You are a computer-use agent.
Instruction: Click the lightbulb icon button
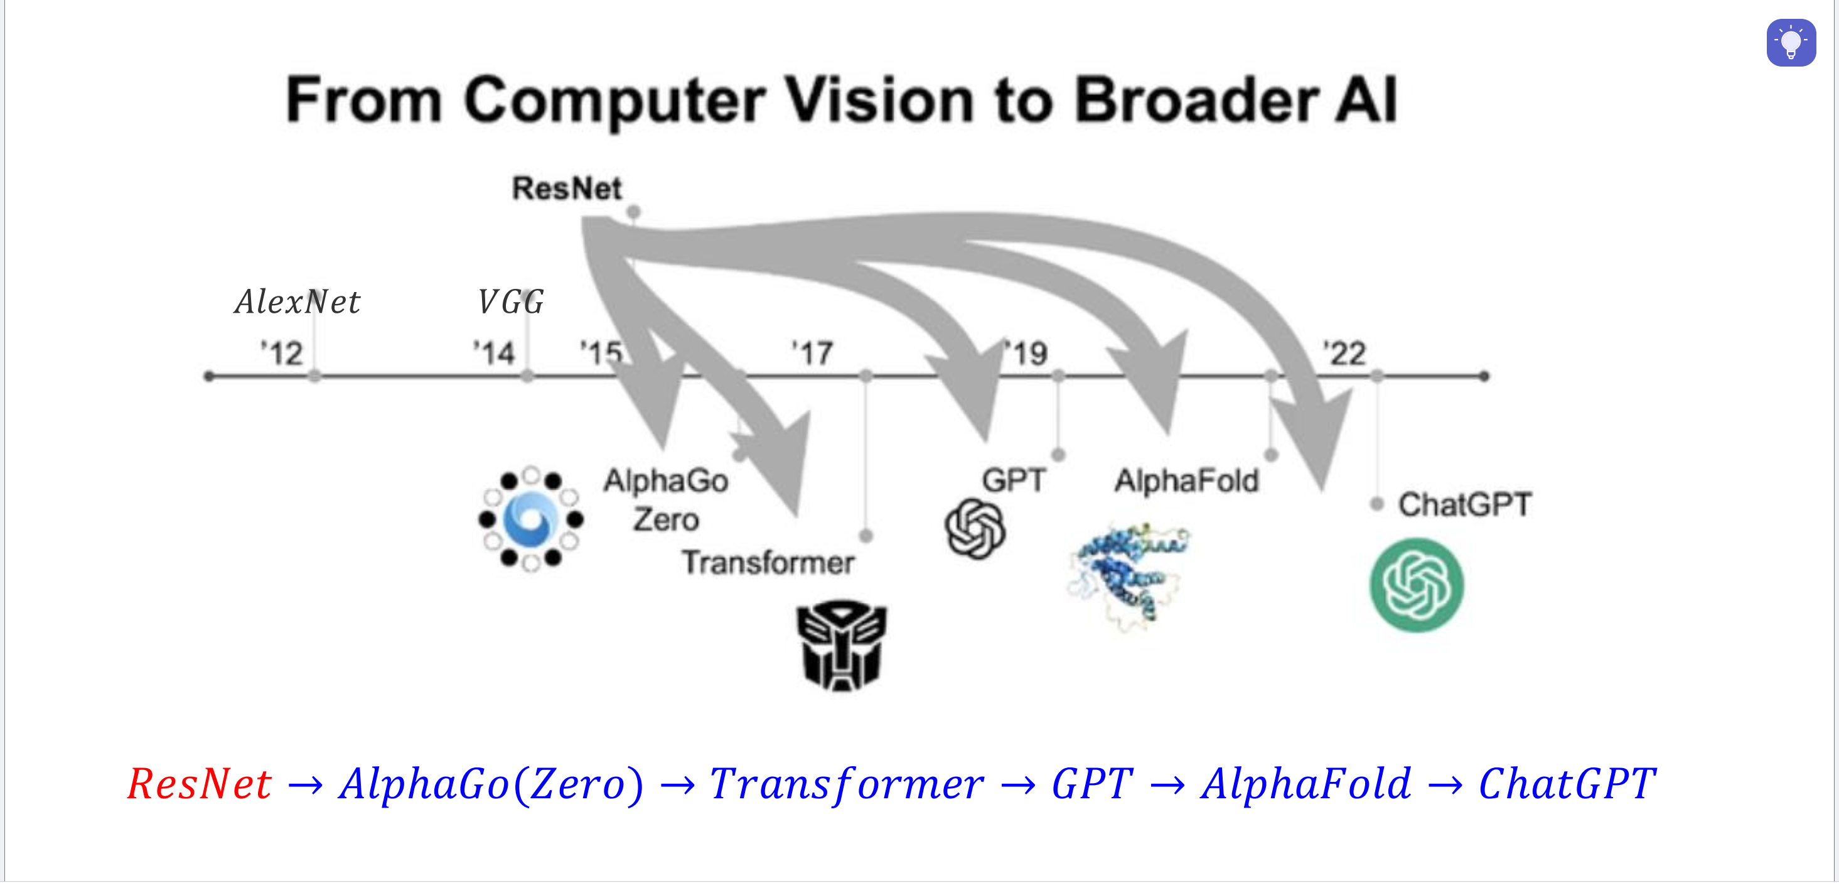coord(1791,43)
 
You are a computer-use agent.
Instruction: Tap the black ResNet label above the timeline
coord(567,188)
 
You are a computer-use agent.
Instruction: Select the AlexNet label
coord(297,301)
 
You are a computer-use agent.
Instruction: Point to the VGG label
coord(510,301)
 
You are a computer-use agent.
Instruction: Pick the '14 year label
coord(494,354)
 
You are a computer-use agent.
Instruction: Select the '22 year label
coord(1345,354)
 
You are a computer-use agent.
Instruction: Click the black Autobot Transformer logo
coord(841,645)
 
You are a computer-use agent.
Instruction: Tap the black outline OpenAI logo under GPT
coord(975,529)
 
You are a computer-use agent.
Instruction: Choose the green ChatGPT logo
coord(1417,585)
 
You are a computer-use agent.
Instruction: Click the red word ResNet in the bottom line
coord(199,784)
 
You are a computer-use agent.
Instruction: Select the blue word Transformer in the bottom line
coord(846,784)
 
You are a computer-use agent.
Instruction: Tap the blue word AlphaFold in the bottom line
coord(1306,784)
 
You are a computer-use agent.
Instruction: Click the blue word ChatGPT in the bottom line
coord(1567,784)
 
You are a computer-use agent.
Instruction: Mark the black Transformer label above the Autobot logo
coord(768,563)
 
